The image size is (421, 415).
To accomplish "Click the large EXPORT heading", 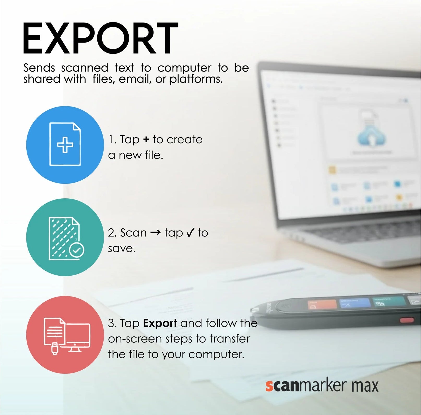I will [100, 38].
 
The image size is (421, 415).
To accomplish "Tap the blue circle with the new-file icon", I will [65, 145].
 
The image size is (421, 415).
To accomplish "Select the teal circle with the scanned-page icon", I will [65, 237].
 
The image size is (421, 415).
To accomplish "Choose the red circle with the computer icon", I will [65, 334].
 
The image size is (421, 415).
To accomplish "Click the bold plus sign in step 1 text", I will [146, 140].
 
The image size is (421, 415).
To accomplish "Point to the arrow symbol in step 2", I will [156, 232].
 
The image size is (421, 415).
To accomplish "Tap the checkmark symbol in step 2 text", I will [190, 232].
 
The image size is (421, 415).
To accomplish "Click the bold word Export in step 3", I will [160, 323].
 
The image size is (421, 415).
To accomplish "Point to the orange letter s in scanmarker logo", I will [269, 386].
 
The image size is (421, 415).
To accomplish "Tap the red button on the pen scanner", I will [407, 320].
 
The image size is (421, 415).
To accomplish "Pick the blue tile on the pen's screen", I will [355, 303].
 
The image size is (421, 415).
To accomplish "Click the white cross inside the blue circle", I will [65, 145].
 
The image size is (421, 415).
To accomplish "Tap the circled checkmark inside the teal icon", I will [76, 250].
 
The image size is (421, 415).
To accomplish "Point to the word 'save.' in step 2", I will [122, 248].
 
